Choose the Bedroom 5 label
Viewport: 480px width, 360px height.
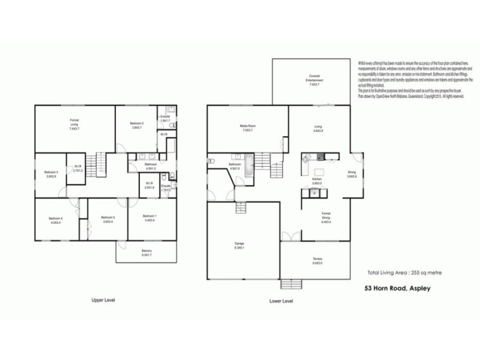(x=108, y=219)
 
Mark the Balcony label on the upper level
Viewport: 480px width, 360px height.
(x=147, y=252)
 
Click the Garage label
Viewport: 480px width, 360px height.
(x=239, y=245)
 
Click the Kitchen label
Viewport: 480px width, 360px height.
(x=318, y=181)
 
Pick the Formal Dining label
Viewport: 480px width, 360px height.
(x=326, y=217)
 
